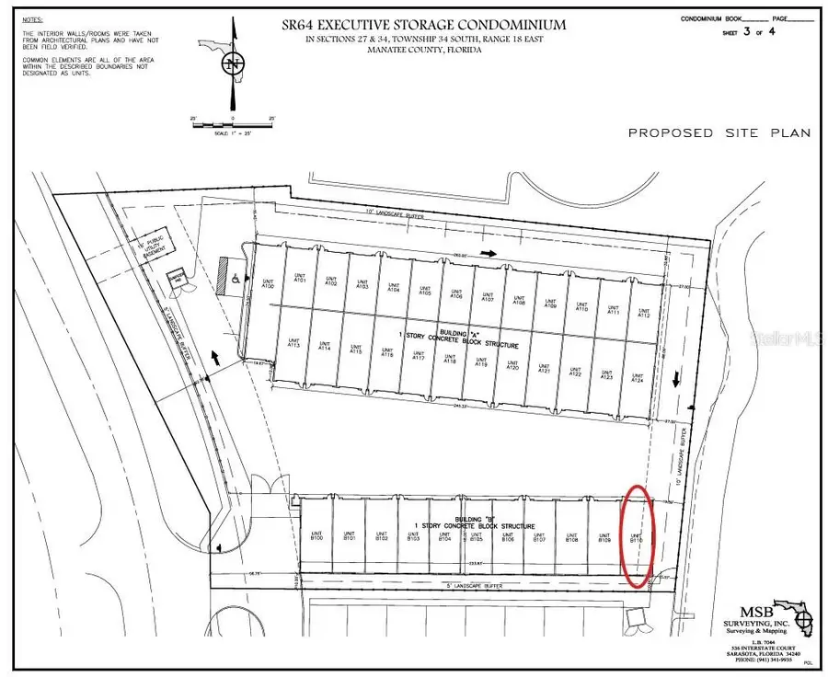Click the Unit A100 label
click(x=269, y=285)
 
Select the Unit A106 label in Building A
click(x=456, y=294)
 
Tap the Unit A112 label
click(x=643, y=313)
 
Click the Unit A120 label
click(x=512, y=366)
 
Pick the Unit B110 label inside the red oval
click(x=635, y=537)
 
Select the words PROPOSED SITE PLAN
click(x=719, y=133)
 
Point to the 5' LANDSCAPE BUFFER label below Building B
click(x=478, y=585)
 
